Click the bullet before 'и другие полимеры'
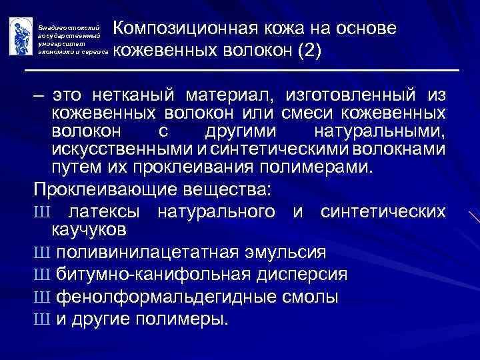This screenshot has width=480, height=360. pos(38,317)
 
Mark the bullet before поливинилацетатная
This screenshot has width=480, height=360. pos(38,253)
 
